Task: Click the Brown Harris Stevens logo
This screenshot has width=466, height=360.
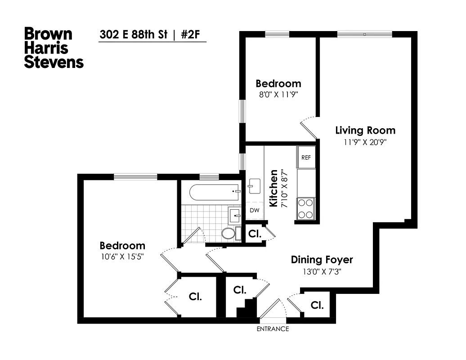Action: [54, 47]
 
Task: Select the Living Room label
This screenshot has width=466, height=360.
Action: [365, 130]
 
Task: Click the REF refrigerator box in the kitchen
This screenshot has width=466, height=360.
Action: [306, 157]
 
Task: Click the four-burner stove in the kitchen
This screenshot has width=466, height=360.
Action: [306, 208]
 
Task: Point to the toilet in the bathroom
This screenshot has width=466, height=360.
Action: [229, 234]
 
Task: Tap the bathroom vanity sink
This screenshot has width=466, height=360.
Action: [235, 216]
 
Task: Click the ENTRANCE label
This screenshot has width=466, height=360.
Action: [273, 329]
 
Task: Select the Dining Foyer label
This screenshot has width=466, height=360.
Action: [322, 260]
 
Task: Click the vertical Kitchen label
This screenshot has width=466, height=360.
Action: [273, 188]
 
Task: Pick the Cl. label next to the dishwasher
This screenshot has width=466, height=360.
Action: [254, 234]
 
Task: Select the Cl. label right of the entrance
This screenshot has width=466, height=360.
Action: [317, 306]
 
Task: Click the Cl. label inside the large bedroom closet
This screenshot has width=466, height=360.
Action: [195, 297]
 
